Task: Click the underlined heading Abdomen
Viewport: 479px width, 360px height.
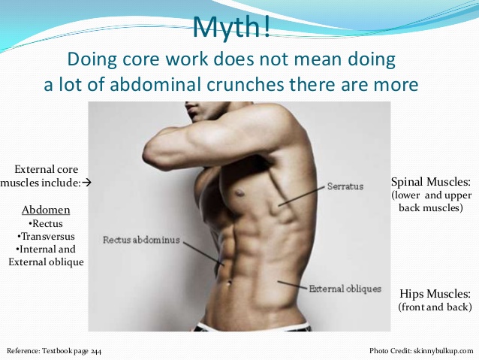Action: pyautogui.click(x=45, y=211)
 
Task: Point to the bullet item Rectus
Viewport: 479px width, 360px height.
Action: pyautogui.click(x=45, y=224)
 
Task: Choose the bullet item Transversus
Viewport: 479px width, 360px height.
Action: pyautogui.click(x=45, y=237)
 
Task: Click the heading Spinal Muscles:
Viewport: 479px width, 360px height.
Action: pyautogui.click(x=432, y=182)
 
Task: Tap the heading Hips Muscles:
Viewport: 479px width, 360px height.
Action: pyautogui.click(x=434, y=294)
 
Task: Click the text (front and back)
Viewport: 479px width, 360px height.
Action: pyautogui.click(x=435, y=307)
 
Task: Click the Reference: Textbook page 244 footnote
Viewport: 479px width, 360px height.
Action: pyautogui.click(x=53, y=351)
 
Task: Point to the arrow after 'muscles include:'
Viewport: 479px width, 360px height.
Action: pyautogui.click(x=86, y=183)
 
